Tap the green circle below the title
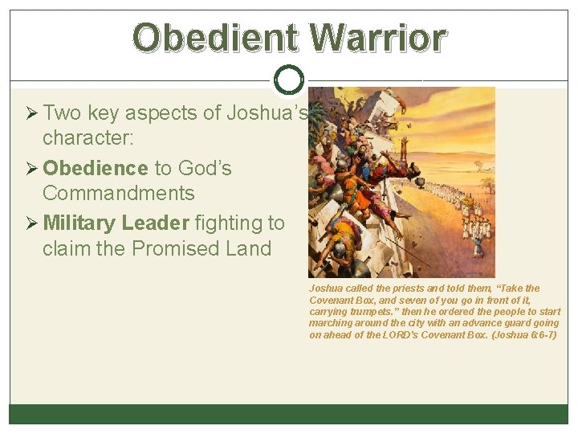(x=288, y=79)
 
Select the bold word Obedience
(x=96, y=168)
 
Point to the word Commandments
(x=118, y=194)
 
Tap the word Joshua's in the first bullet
(x=267, y=113)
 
